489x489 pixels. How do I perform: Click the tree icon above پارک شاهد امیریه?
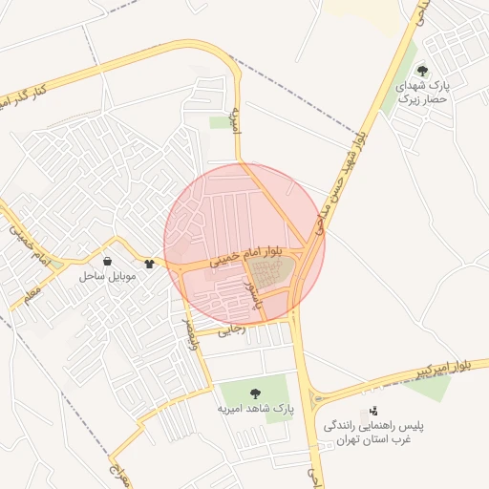[x=254, y=393]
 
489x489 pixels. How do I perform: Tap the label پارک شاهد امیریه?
[x=254, y=409]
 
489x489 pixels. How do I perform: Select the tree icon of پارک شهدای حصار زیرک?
[x=422, y=71]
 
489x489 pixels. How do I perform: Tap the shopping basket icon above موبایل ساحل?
[x=108, y=261]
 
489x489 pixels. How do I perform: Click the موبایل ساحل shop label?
[x=108, y=276]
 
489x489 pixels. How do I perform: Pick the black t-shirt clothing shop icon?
[x=149, y=263]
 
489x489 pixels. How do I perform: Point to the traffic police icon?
[x=372, y=411]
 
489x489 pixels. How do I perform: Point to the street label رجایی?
[x=232, y=330]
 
